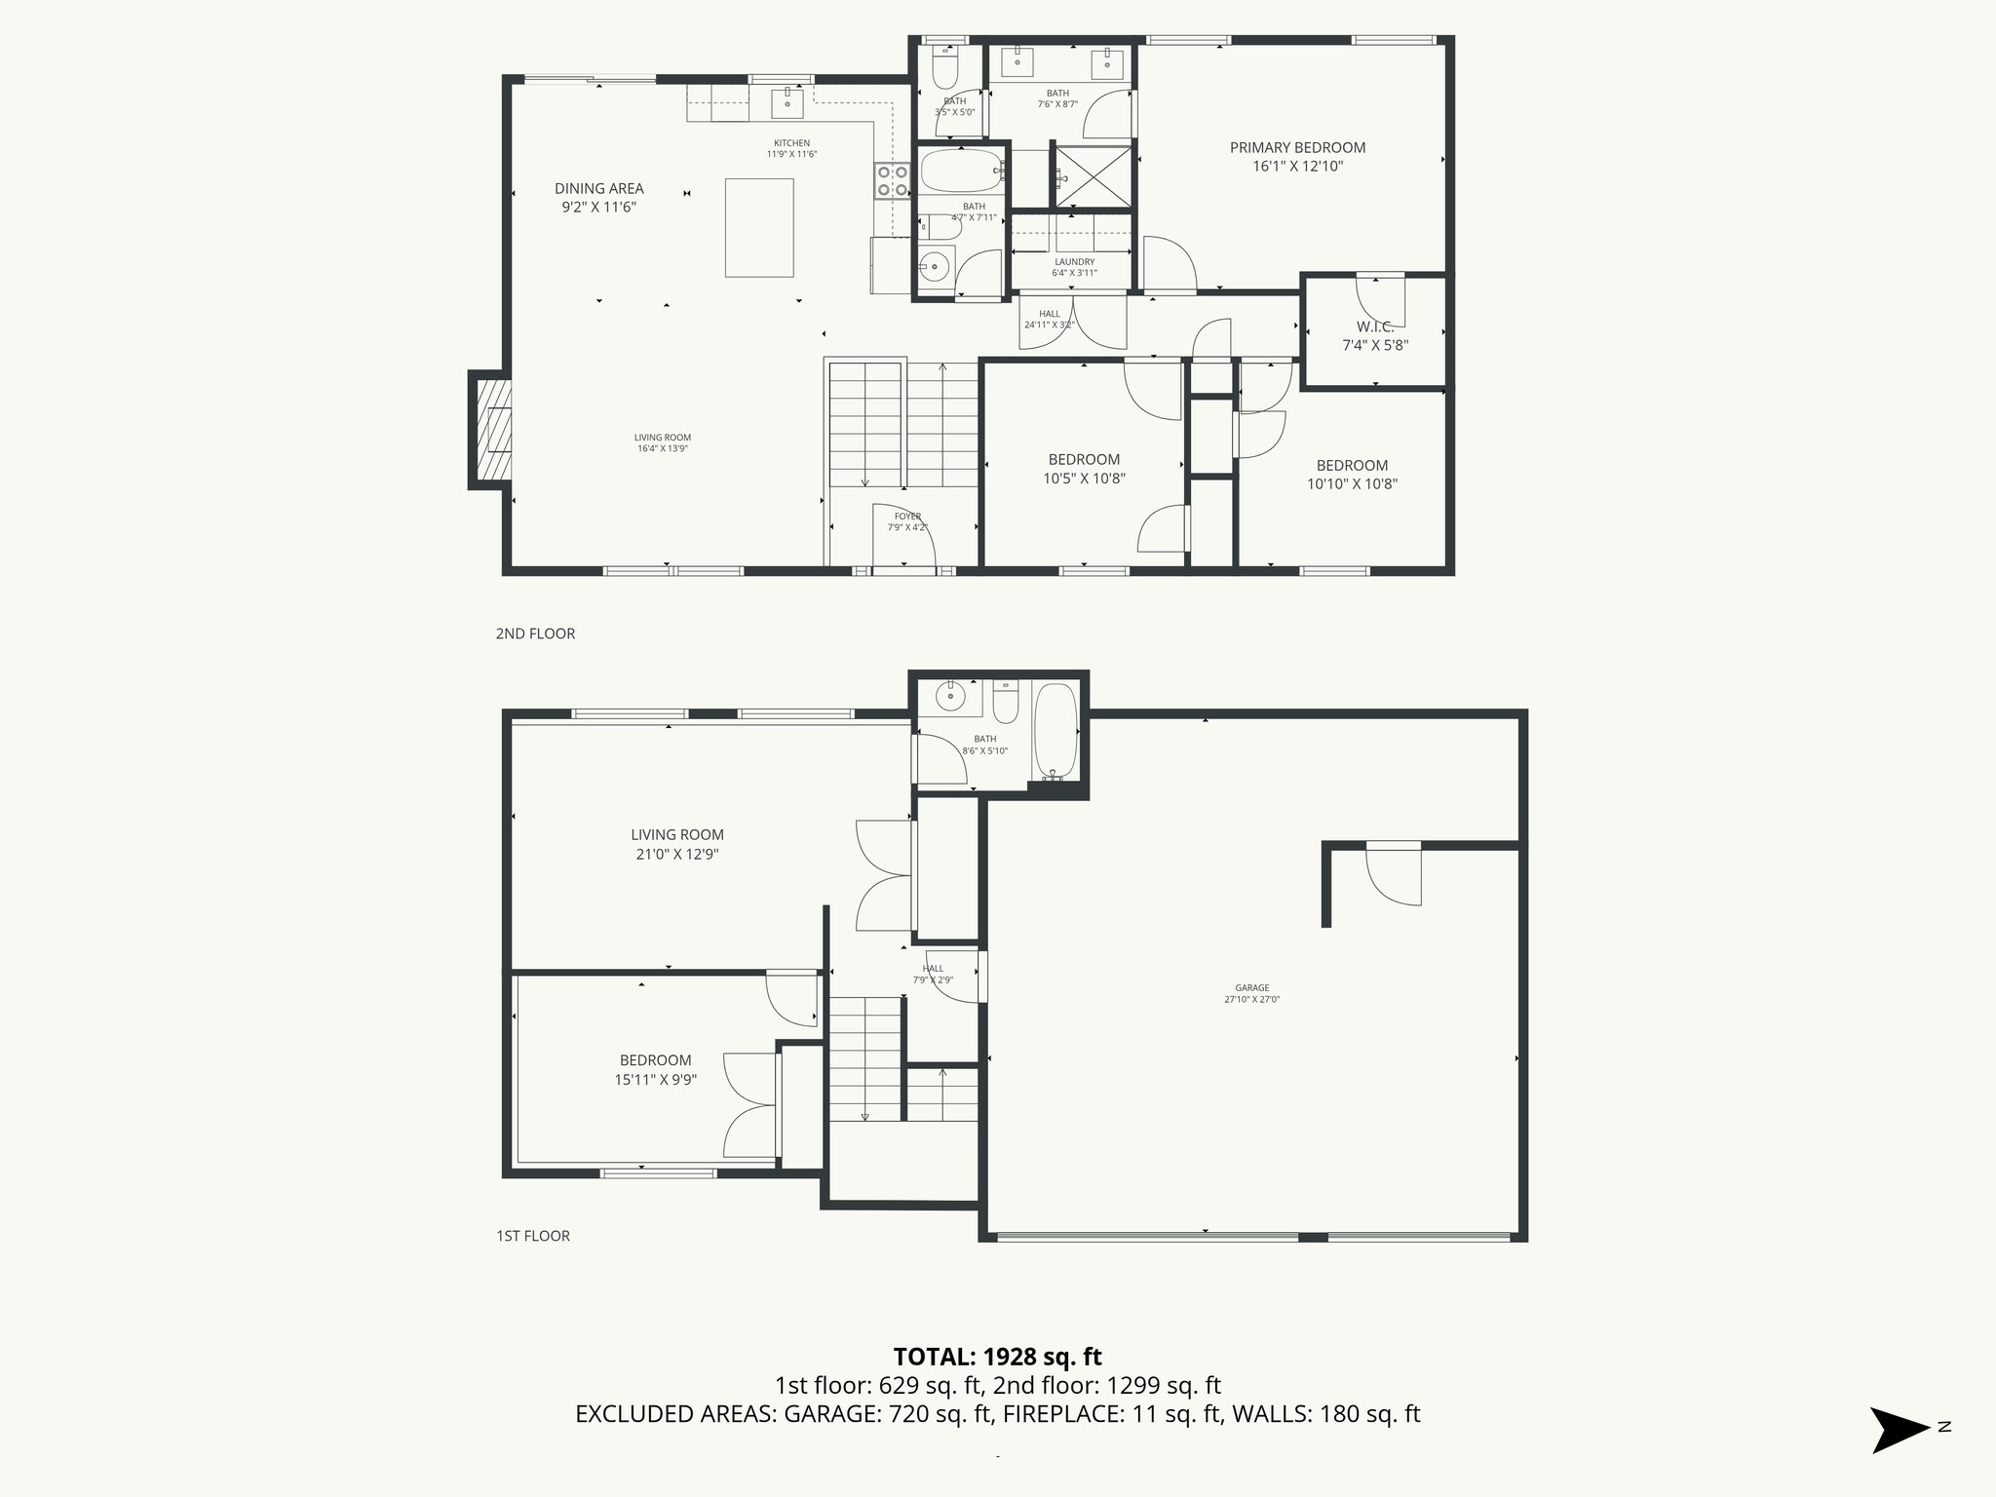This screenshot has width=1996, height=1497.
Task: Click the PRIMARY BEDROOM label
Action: pyautogui.click(x=1296, y=148)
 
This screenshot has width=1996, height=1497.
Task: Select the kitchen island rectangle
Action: pyautogui.click(x=759, y=227)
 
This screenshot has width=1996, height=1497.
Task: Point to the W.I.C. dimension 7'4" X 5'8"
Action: pyautogui.click(x=1374, y=345)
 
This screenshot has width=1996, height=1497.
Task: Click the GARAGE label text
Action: pyautogui.click(x=1251, y=987)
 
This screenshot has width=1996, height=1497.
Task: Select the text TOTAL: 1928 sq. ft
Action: pyautogui.click(x=997, y=1356)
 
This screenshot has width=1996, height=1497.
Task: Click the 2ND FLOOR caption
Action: pyautogui.click(x=535, y=633)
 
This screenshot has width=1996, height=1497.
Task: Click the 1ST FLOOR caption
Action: pyautogui.click(x=533, y=1236)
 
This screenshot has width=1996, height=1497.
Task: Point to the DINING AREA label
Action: pyautogui.click(x=598, y=189)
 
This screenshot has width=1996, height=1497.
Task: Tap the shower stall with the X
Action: pyautogui.click(x=1093, y=176)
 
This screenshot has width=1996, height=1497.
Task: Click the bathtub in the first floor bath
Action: pyautogui.click(x=1054, y=729)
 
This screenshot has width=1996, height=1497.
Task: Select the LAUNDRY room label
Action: pyautogui.click(x=1074, y=262)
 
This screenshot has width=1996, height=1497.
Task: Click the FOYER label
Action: pyautogui.click(x=907, y=517)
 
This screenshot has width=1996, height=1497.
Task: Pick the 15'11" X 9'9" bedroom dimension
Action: pyautogui.click(x=655, y=1080)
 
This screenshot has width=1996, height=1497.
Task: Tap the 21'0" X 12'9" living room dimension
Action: pyautogui.click(x=676, y=855)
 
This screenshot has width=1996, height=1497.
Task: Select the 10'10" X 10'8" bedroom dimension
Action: pyautogui.click(x=1352, y=483)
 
